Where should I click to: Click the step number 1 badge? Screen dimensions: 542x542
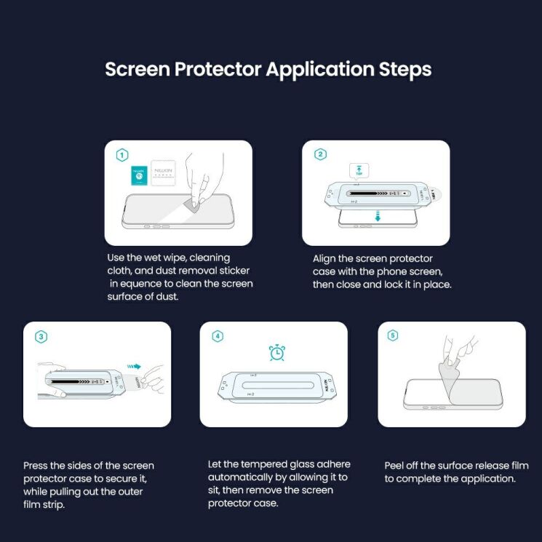(x=122, y=155)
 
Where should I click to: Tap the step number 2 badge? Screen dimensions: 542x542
(x=320, y=155)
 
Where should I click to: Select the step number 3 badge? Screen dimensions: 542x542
(x=41, y=336)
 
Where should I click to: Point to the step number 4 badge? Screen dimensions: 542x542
(x=218, y=336)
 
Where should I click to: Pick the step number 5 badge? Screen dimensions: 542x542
(x=394, y=336)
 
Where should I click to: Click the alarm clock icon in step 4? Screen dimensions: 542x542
(x=276, y=352)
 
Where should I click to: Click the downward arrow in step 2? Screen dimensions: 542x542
(x=378, y=216)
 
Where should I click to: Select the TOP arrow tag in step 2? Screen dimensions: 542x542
(x=359, y=171)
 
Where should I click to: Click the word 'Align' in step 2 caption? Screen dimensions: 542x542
(x=325, y=258)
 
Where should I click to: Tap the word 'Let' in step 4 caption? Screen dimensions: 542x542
(x=215, y=465)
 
